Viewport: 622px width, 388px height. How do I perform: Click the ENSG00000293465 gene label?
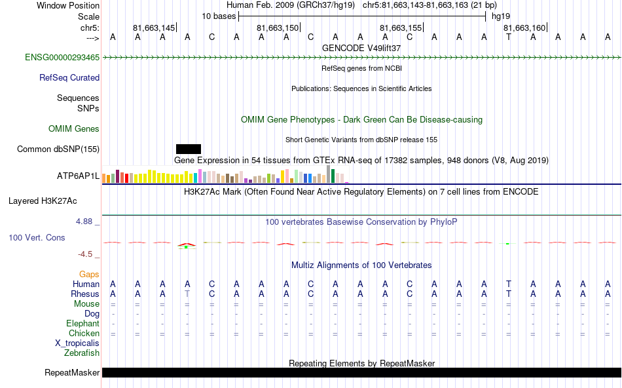pos(62,58)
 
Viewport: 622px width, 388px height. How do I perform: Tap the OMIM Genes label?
pos(74,129)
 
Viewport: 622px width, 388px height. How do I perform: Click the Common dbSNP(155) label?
pos(58,149)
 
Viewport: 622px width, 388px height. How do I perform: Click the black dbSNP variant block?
pos(189,149)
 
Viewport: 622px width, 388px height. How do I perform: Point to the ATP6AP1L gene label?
pos(79,176)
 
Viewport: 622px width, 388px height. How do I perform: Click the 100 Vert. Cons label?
pos(37,237)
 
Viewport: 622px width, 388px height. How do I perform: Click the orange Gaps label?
pos(89,274)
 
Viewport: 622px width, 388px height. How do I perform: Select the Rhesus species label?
pos(85,294)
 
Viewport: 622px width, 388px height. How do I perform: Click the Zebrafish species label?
pos(82,353)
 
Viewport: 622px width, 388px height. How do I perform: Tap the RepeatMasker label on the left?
pos(72,373)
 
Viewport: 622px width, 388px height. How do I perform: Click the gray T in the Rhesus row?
pos(187,294)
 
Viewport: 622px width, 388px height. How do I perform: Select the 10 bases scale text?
pos(219,16)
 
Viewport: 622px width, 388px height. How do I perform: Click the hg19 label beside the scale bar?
pos(501,16)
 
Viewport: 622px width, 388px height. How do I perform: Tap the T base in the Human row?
pos(509,284)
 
